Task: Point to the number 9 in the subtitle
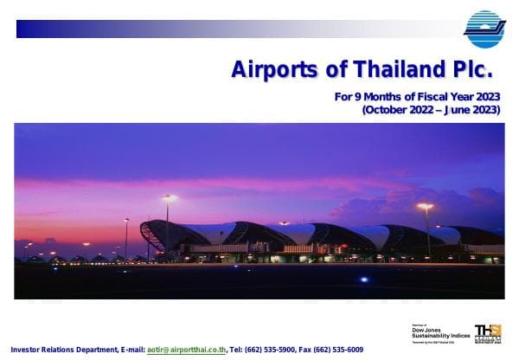pos(356,97)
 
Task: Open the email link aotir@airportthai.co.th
pos(186,350)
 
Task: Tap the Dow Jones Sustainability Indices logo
pos(440,332)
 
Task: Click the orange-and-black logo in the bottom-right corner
pos(488,331)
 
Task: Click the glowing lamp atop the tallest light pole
pos(168,197)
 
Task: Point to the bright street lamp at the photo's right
pos(425,206)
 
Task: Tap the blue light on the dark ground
pos(364,279)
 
